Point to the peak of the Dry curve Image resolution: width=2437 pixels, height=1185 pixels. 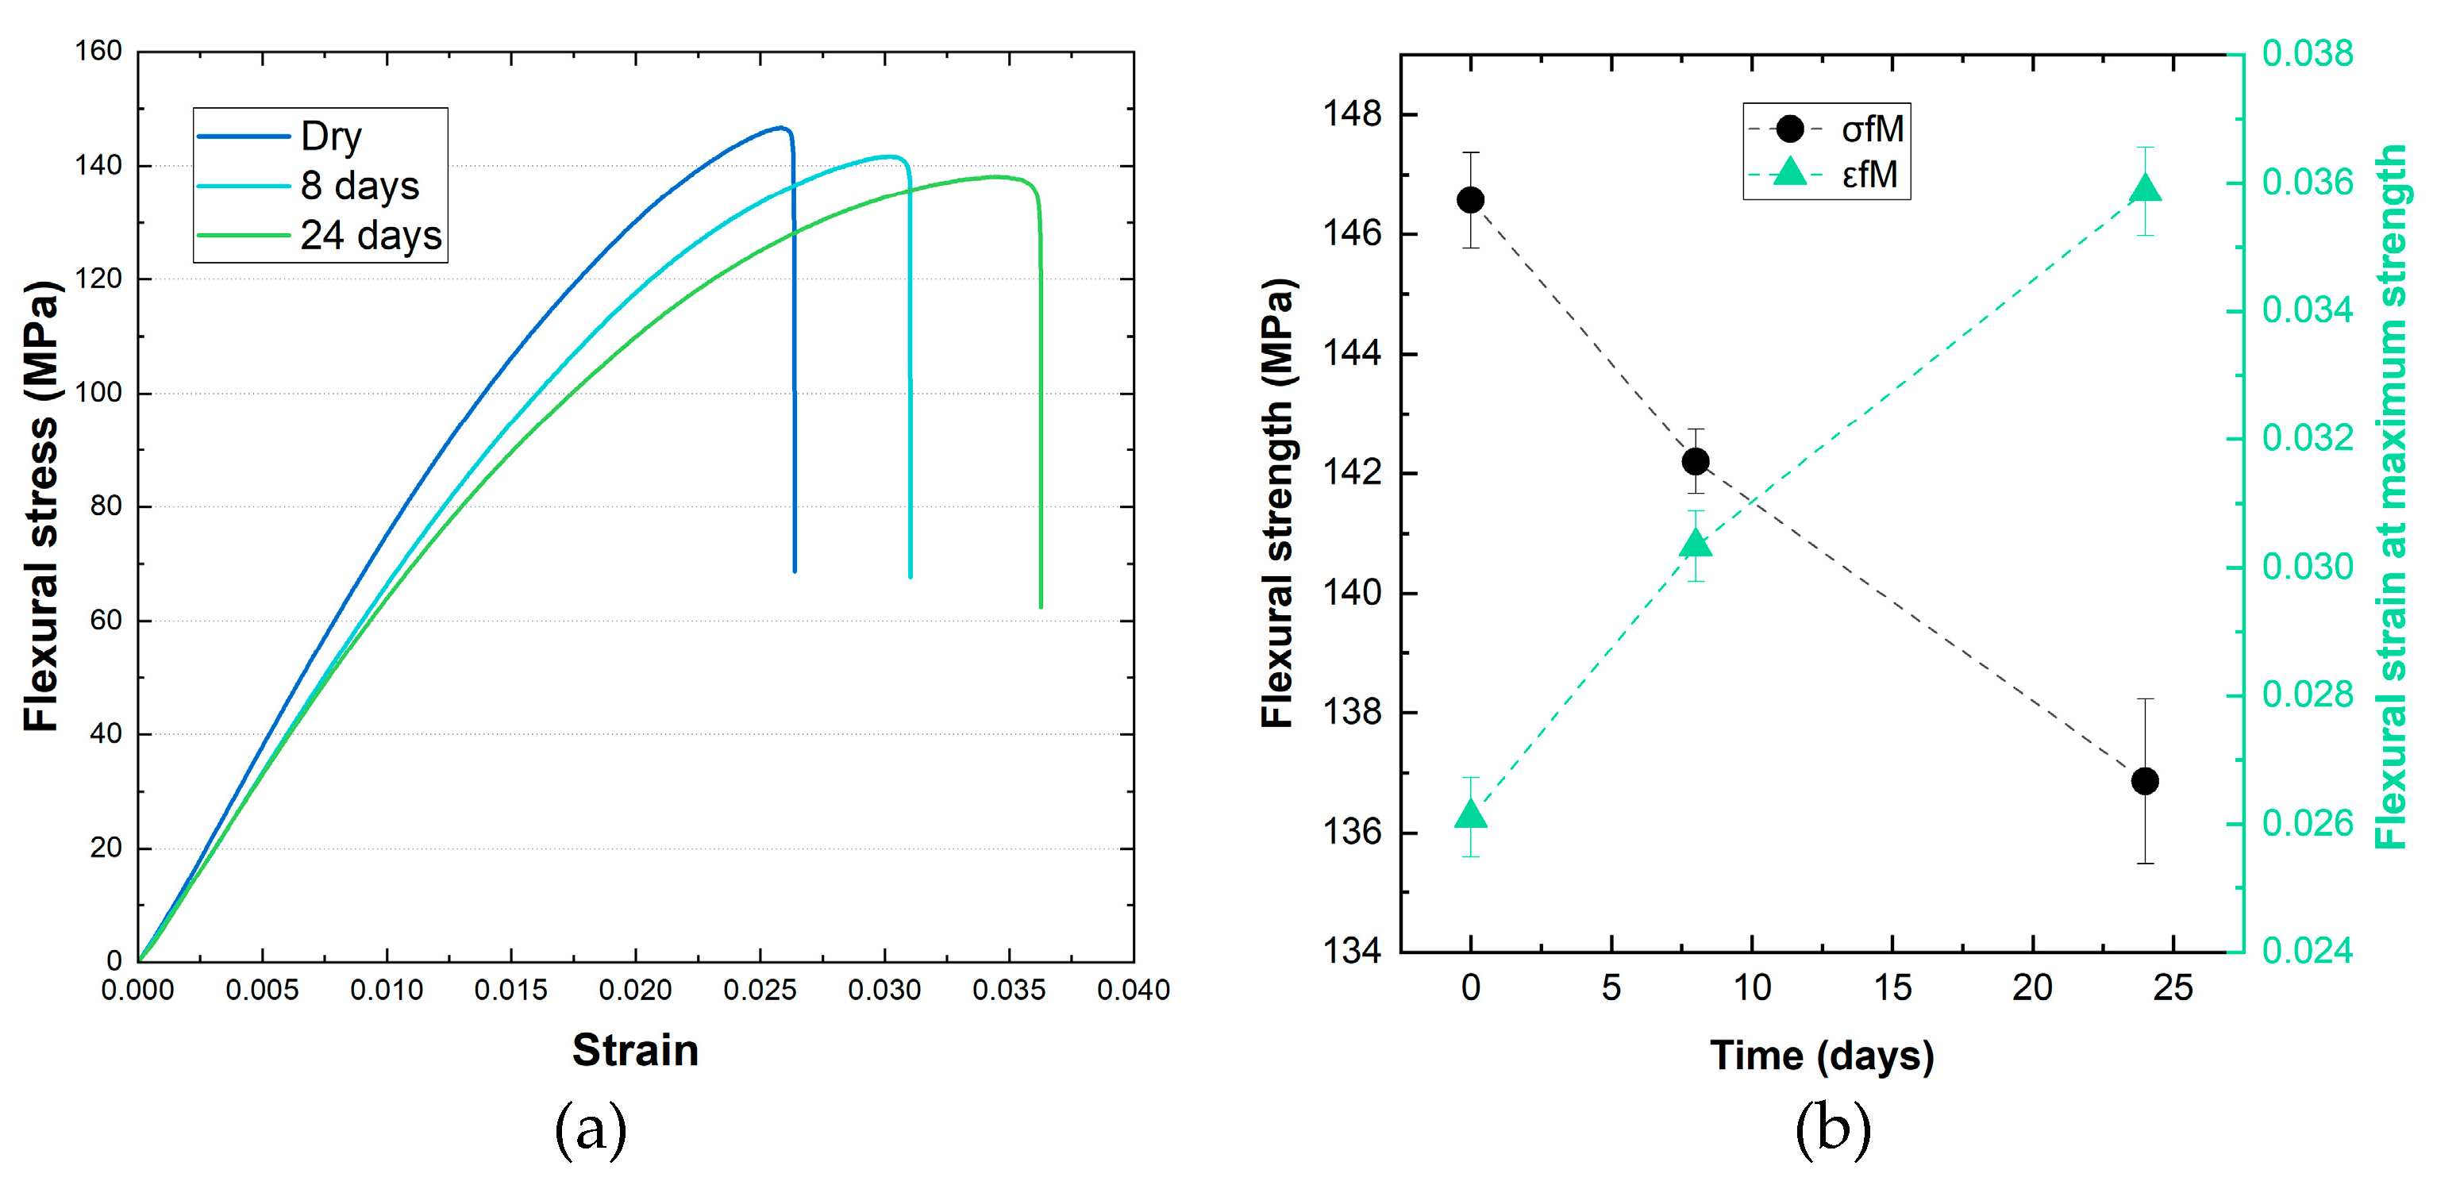[x=780, y=128]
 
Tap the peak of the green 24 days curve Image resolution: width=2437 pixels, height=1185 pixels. [x=995, y=177]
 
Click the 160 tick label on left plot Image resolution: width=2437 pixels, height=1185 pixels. [x=98, y=51]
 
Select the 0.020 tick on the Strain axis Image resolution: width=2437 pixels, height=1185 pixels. [x=635, y=991]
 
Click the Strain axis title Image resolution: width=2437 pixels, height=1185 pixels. [x=635, y=1051]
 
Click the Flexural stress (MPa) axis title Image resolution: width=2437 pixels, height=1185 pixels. [x=40, y=506]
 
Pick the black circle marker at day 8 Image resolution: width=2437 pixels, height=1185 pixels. [x=1696, y=461]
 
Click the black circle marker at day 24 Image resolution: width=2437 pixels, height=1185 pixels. [x=2145, y=781]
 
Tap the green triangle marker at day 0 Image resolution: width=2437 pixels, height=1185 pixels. [x=1470, y=814]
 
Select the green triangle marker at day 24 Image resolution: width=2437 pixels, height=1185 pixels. [x=2145, y=188]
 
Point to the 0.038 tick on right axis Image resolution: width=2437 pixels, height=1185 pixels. [x=2307, y=54]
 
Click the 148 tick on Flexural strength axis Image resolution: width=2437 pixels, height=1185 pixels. [x=1352, y=114]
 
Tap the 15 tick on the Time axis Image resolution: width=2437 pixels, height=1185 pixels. [x=1892, y=988]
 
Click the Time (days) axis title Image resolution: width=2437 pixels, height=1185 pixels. [x=1821, y=1056]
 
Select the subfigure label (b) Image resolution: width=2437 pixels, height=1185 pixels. [x=1832, y=1129]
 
